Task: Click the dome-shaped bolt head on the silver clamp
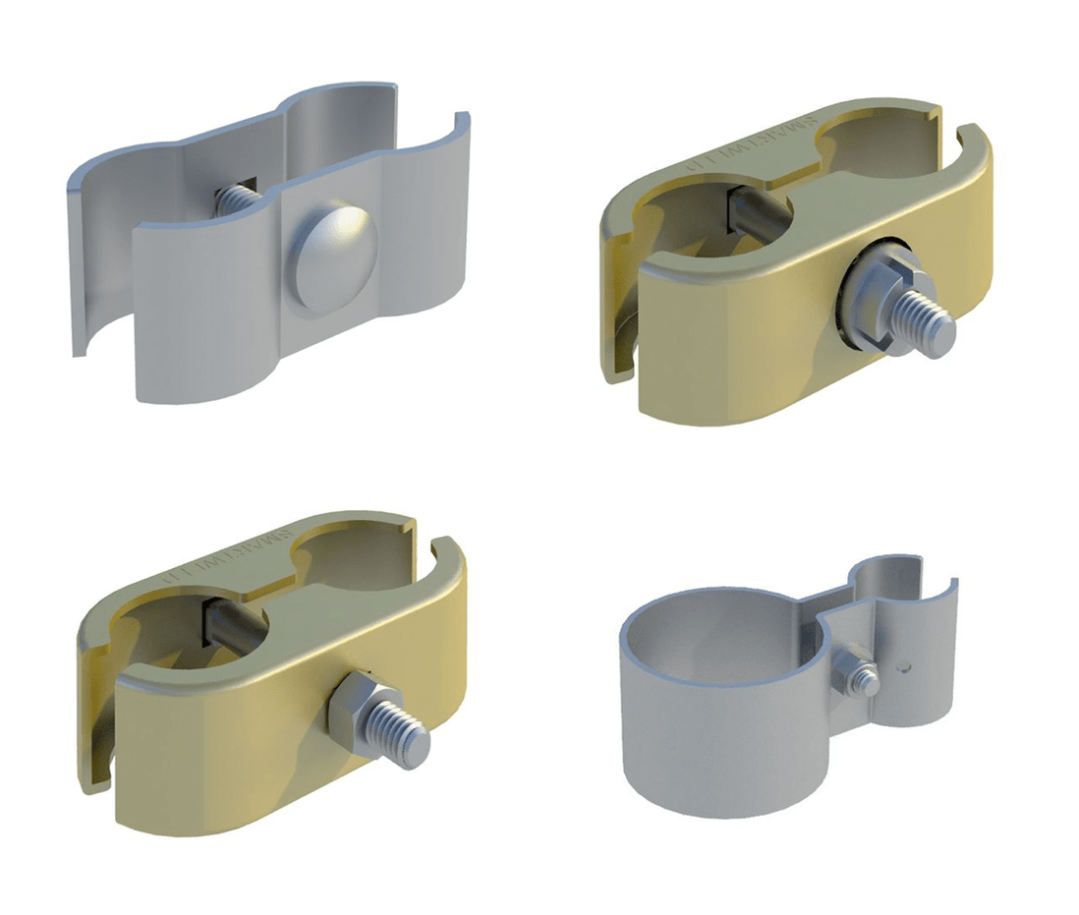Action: [331, 258]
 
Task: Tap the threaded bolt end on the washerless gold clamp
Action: [408, 732]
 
